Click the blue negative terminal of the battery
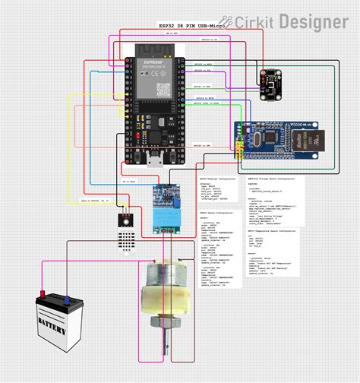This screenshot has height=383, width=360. pyautogui.click(x=69, y=298)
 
